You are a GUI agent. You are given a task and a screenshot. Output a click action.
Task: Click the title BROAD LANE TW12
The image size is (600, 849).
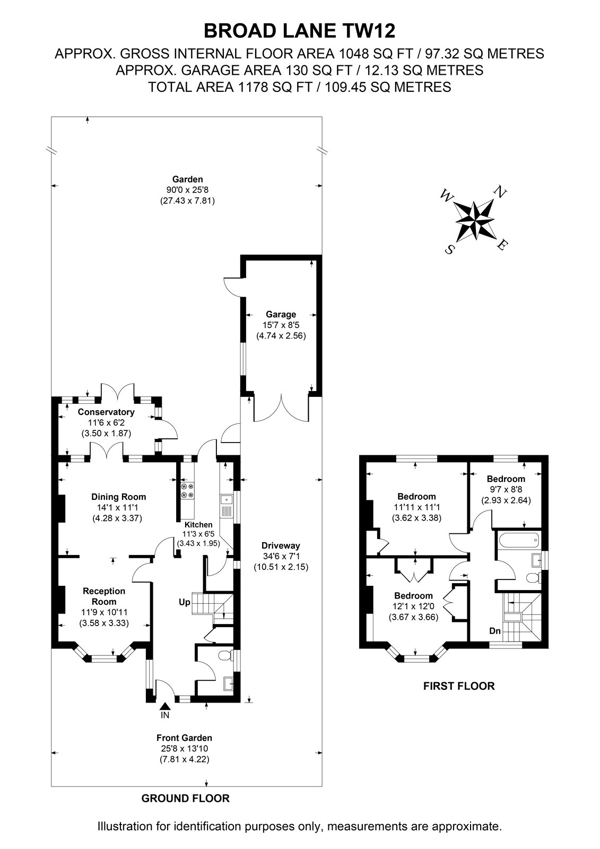[299, 31]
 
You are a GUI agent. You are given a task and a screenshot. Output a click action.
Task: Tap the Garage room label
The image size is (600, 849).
[281, 314]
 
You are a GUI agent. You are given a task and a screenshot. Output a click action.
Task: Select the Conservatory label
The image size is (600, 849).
[106, 412]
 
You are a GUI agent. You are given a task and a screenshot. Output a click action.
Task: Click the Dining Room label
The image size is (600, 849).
[119, 497]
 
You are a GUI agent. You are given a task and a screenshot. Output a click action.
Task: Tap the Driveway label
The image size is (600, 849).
[281, 546]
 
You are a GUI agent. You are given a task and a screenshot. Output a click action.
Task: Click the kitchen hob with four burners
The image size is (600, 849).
[187, 490]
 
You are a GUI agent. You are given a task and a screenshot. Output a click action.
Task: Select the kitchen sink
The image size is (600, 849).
[227, 506]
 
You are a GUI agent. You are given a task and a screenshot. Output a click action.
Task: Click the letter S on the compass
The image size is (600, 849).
[449, 249]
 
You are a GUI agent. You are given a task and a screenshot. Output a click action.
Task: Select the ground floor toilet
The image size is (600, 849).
[227, 655]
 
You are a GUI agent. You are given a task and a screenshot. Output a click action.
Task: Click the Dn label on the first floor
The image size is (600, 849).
[495, 631]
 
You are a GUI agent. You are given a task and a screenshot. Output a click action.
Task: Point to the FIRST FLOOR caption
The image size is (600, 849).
[459, 686]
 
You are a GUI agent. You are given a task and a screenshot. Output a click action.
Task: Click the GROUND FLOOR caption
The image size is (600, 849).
[185, 798]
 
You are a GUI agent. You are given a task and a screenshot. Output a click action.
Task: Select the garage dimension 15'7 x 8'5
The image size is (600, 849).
[281, 325]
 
